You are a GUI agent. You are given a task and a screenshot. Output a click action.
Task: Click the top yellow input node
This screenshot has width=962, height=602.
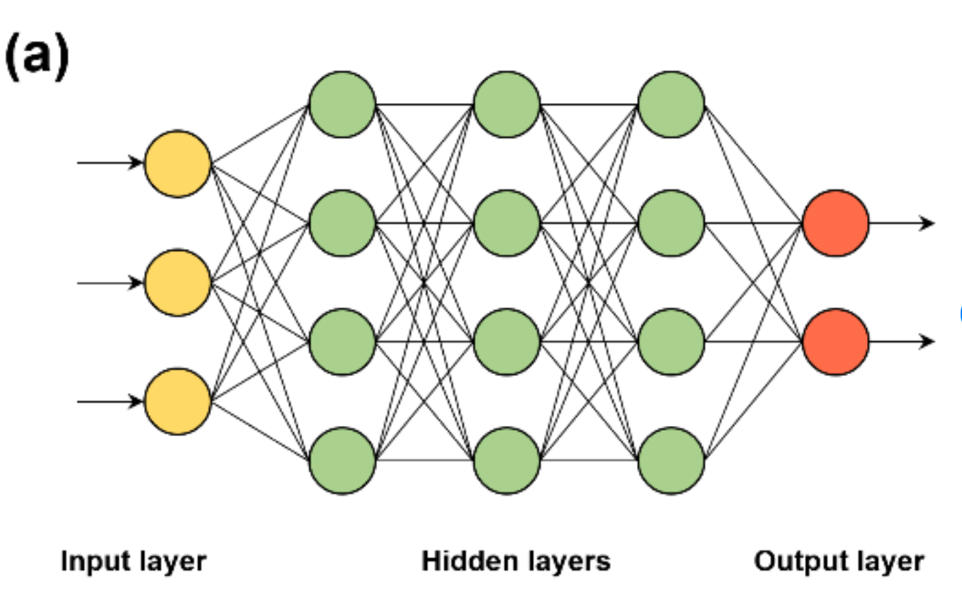click(178, 164)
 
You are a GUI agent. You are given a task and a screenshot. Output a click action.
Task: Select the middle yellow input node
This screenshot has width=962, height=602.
click(178, 283)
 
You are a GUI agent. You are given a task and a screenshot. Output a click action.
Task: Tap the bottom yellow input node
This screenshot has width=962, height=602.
click(178, 401)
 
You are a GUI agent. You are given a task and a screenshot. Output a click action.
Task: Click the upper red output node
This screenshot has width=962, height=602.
click(836, 223)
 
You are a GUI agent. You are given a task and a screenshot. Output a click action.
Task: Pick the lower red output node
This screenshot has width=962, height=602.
click(836, 342)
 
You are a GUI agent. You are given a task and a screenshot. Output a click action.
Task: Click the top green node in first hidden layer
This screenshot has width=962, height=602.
click(342, 104)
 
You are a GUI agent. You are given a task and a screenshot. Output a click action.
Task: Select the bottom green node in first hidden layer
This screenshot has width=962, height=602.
click(342, 461)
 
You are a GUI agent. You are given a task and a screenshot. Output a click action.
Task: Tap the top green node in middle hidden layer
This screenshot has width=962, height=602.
click(507, 104)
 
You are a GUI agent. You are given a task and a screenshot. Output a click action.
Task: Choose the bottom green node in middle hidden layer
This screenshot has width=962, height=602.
click(507, 461)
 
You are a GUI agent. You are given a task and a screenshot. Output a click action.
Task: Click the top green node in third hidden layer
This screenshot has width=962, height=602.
click(671, 104)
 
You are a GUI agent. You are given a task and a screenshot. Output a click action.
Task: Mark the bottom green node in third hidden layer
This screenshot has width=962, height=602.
click(671, 461)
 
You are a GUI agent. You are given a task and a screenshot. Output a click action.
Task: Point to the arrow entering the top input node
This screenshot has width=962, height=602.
click(110, 163)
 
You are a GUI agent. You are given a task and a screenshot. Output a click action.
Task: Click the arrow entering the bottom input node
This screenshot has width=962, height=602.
click(110, 401)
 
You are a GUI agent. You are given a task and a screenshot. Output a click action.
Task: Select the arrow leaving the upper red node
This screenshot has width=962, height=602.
click(902, 223)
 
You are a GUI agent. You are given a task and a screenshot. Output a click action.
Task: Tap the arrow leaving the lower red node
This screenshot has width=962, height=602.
click(902, 341)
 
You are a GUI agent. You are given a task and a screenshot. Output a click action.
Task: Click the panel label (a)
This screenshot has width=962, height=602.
click(37, 57)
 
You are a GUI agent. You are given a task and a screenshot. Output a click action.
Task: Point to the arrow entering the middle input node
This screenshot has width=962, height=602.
click(110, 283)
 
